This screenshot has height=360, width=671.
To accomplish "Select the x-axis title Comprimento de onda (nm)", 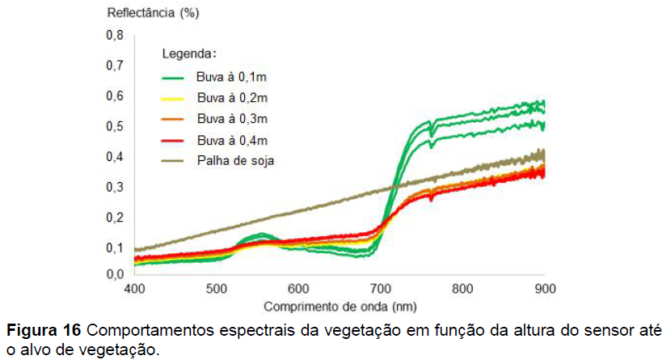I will pos(339,307).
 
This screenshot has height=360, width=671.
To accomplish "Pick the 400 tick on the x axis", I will pos(134,289).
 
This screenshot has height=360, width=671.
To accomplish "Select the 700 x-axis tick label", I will pos(380,289).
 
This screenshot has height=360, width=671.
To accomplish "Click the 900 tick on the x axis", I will pos(544,289).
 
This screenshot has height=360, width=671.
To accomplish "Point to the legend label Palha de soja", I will pos(235,159).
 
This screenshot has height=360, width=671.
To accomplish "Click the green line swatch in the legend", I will pos(175,78).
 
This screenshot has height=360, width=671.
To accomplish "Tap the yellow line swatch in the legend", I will pos(175,99).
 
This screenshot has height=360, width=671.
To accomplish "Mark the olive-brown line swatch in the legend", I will pos(175,160).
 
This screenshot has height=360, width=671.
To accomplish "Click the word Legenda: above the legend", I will pos(189,54).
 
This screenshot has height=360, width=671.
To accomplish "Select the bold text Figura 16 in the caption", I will pos(43,330).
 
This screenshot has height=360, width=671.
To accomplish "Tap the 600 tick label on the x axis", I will pos(298,289).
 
